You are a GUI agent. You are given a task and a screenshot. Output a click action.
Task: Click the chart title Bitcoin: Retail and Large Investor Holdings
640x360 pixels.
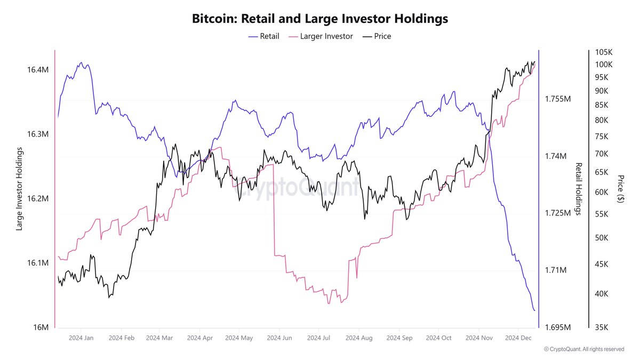(x=319, y=19)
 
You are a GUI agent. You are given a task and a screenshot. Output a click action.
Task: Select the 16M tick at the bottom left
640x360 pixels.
(x=41, y=327)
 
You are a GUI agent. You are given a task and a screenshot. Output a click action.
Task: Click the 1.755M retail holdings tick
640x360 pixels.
(x=557, y=99)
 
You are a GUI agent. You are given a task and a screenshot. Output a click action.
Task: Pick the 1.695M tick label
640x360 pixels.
(x=557, y=327)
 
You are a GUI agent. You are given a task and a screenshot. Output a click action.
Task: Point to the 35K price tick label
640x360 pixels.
(x=605, y=327)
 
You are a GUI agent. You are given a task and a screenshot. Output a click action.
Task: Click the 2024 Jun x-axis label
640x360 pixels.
(x=279, y=338)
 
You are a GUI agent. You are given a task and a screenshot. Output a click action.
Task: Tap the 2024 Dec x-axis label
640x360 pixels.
(x=517, y=338)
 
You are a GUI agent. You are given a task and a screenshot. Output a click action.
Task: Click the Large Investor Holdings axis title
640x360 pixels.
(x=20, y=189)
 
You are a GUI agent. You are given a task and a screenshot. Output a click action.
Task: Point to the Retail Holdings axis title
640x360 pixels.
(x=578, y=189)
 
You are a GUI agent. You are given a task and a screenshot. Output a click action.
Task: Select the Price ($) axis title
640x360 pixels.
(x=620, y=189)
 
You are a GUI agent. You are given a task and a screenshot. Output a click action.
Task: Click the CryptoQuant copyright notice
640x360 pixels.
(x=583, y=349)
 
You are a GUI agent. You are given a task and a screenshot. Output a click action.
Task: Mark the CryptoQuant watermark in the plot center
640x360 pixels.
(x=295, y=187)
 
